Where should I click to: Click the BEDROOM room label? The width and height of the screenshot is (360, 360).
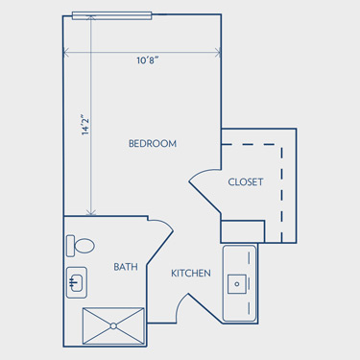(153, 143)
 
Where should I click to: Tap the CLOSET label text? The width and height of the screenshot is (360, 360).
(246, 182)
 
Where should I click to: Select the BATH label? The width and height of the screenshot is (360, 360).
(126, 267)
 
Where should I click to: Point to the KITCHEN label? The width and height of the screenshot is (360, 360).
(191, 274)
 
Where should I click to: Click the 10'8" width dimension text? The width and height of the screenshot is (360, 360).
(148, 60)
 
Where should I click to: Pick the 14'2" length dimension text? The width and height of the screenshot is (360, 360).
(85, 125)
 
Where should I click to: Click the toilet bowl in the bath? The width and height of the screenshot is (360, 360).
(84, 246)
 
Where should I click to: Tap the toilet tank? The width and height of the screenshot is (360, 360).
(70, 246)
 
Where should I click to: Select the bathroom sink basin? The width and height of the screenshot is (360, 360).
(76, 282)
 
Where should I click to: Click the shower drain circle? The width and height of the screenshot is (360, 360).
(113, 326)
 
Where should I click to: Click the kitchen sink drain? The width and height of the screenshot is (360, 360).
(237, 284)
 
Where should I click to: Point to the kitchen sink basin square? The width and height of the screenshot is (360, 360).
(237, 284)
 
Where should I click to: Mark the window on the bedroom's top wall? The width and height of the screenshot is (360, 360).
(111, 15)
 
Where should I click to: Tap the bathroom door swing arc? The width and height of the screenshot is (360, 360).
(164, 223)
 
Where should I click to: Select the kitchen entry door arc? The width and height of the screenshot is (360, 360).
(180, 304)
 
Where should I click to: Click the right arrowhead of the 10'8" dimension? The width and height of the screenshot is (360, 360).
(218, 53)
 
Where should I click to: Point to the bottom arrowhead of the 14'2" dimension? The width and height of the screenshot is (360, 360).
(91, 212)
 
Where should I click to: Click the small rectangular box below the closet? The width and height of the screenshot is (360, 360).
(243, 231)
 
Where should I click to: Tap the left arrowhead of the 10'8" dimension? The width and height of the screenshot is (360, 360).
(66, 53)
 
